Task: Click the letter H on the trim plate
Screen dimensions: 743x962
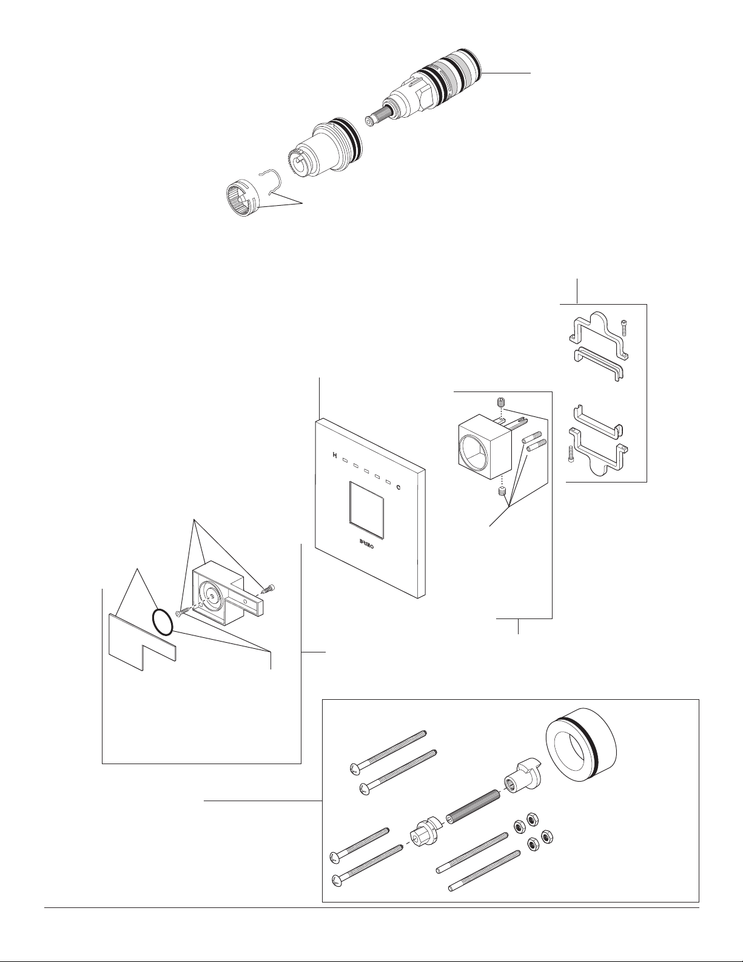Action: click(335, 455)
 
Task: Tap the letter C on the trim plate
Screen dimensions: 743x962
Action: click(398, 488)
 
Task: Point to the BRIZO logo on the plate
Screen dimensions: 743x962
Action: click(365, 543)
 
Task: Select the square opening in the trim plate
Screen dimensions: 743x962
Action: click(366, 506)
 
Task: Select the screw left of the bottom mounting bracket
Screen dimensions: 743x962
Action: click(571, 454)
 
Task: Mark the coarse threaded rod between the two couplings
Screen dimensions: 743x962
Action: click(473, 807)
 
